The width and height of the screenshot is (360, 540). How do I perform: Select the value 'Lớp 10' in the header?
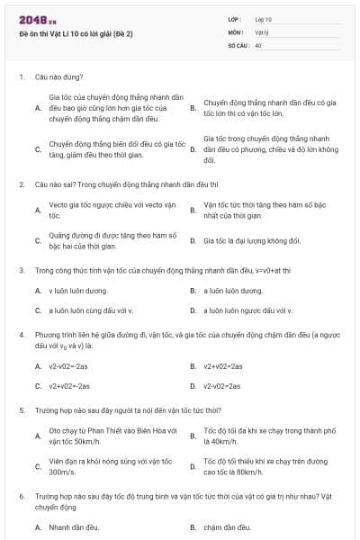pos(263,19)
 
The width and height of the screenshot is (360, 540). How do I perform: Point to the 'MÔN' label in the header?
pos(236,31)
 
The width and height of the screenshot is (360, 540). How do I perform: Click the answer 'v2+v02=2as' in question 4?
pos(223,366)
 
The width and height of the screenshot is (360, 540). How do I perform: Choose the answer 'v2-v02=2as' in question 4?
pos(222,386)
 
